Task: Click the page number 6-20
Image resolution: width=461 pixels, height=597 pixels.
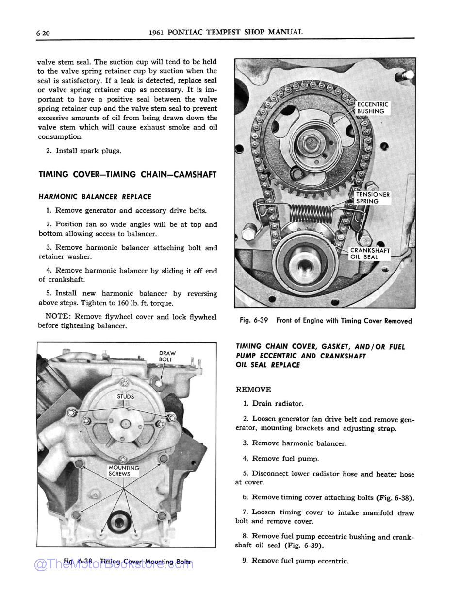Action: point(44,33)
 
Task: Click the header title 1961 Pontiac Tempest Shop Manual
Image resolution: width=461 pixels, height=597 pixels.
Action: point(226,32)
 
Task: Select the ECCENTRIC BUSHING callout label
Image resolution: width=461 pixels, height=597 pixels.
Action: point(373,108)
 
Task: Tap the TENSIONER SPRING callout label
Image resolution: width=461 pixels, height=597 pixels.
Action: point(373,198)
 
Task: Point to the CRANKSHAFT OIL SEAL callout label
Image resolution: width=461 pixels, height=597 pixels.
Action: point(370,254)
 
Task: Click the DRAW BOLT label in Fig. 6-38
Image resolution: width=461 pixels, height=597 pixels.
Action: point(167,356)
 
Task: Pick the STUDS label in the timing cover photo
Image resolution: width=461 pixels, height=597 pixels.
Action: point(125,397)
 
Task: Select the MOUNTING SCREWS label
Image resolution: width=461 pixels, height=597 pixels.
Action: point(123,471)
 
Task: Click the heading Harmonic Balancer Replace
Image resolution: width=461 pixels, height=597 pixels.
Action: point(95,197)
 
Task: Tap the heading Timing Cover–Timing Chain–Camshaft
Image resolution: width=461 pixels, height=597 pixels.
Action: point(127,175)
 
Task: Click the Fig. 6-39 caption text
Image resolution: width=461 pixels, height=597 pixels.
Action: point(326,321)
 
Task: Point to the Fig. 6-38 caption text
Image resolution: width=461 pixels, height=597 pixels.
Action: point(127,562)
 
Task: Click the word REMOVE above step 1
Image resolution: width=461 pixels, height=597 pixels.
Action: point(253,390)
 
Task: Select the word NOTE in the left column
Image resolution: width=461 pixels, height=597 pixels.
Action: point(58,317)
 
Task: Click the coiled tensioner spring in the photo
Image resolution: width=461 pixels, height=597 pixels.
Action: point(311,212)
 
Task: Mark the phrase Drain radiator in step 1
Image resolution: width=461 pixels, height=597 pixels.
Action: point(278,404)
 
